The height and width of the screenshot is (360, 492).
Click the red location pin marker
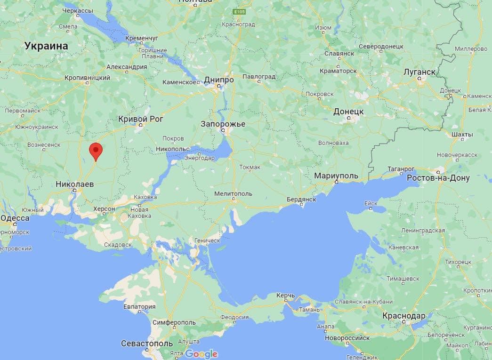click(96, 151)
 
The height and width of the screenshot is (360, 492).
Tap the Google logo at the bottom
click(202, 354)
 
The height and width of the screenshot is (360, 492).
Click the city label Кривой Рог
click(141, 119)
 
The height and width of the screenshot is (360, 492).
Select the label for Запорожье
click(223, 124)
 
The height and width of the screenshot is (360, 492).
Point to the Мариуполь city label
click(336, 176)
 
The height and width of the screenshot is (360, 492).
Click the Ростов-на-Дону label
click(438, 178)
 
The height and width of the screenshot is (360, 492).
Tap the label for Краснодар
click(404, 315)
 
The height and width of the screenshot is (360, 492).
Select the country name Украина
click(46, 46)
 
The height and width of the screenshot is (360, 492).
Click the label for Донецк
click(348, 112)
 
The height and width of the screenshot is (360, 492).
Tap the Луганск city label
click(419, 72)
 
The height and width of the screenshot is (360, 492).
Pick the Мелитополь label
click(233, 193)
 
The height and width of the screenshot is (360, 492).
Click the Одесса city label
click(15, 218)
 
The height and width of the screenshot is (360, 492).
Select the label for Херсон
click(104, 208)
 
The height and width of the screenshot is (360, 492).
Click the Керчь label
click(285, 296)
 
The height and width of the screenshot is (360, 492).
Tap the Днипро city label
click(219, 80)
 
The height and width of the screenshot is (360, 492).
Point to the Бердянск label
click(301, 200)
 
